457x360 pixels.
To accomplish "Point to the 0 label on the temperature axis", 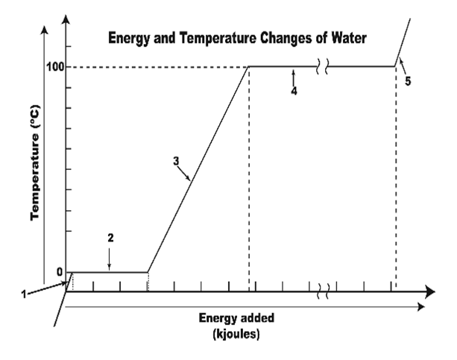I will pos(60,271).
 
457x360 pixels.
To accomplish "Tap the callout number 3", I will pos(176,160).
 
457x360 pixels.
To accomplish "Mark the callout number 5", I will pos(408,81).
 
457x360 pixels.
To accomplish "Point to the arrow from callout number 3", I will pos(186,174).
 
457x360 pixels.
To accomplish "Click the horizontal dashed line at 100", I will pos(157,67).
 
